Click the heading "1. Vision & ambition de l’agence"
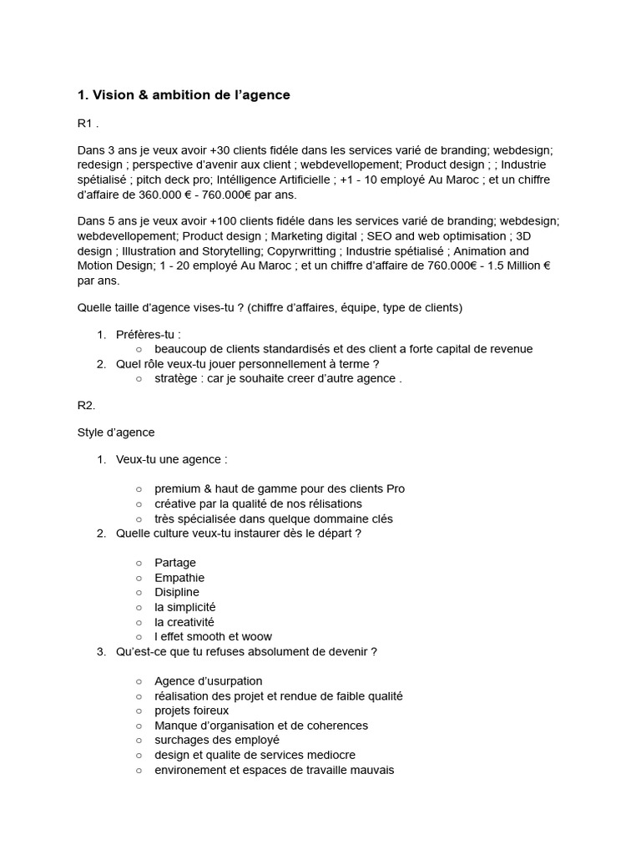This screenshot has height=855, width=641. click(x=184, y=95)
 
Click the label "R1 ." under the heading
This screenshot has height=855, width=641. click(x=88, y=124)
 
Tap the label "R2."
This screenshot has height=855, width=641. click(x=87, y=405)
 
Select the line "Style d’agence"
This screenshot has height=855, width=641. click(x=116, y=433)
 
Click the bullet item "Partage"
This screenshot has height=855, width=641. click(x=175, y=563)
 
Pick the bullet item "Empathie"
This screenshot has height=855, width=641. click(x=179, y=578)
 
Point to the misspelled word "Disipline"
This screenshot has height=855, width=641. click(x=177, y=592)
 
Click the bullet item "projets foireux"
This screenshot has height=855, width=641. click(x=192, y=711)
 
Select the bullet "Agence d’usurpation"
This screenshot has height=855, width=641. click(x=209, y=681)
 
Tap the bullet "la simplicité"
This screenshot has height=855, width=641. click(x=185, y=607)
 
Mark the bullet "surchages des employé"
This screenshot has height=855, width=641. click(x=217, y=740)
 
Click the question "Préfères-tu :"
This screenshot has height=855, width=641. click(x=149, y=335)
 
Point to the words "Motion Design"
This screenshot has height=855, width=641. click(x=116, y=266)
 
